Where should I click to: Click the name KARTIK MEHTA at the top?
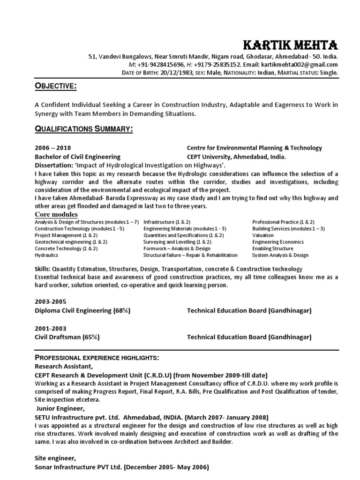click(290, 45)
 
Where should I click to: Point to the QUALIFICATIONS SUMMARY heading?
click(84, 129)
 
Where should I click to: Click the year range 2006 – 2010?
click(53, 148)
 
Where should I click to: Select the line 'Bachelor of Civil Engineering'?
click(77, 157)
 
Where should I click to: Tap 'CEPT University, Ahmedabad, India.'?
click(236, 157)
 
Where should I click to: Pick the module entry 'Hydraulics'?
click(46, 255)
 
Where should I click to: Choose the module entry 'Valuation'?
click(263, 235)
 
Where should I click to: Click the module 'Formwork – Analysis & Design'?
click(177, 248)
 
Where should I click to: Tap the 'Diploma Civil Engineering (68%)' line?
click(82, 310)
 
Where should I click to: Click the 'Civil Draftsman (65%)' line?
click(67, 337)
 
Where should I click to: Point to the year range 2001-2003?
click(50, 328)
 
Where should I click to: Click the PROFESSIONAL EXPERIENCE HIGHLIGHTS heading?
click(97, 358)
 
